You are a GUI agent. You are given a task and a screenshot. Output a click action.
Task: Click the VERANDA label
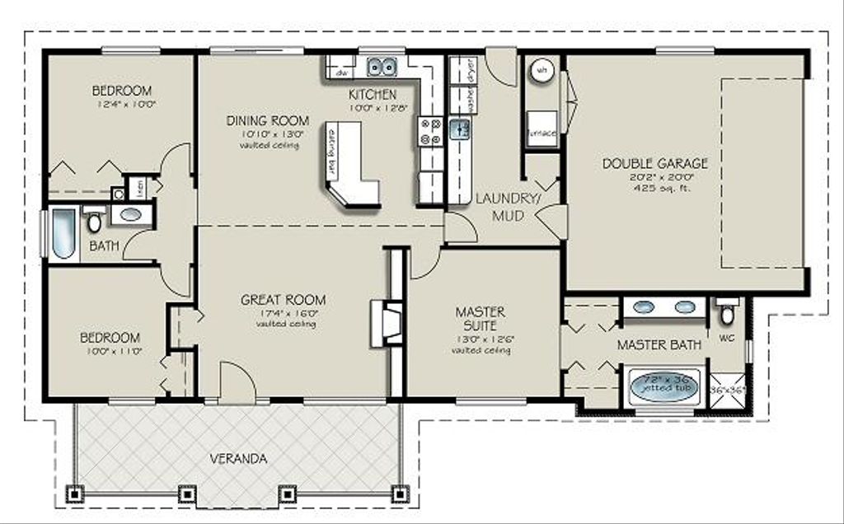point(237,459)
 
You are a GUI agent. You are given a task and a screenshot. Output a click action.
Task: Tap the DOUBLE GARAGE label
point(654,163)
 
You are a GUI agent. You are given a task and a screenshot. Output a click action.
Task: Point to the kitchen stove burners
point(430,132)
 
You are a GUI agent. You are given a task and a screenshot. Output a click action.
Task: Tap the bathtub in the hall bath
point(63,233)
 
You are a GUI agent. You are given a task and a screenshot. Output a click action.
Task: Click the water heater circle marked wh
point(542,72)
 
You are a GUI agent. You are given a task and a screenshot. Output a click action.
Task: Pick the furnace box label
point(542,133)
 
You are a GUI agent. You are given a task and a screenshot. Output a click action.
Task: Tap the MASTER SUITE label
point(481,319)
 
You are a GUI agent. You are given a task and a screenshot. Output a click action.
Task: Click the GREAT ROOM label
point(283,300)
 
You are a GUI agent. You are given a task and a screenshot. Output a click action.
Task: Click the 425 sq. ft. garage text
point(654,188)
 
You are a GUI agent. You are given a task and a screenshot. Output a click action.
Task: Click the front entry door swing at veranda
point(237,381)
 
